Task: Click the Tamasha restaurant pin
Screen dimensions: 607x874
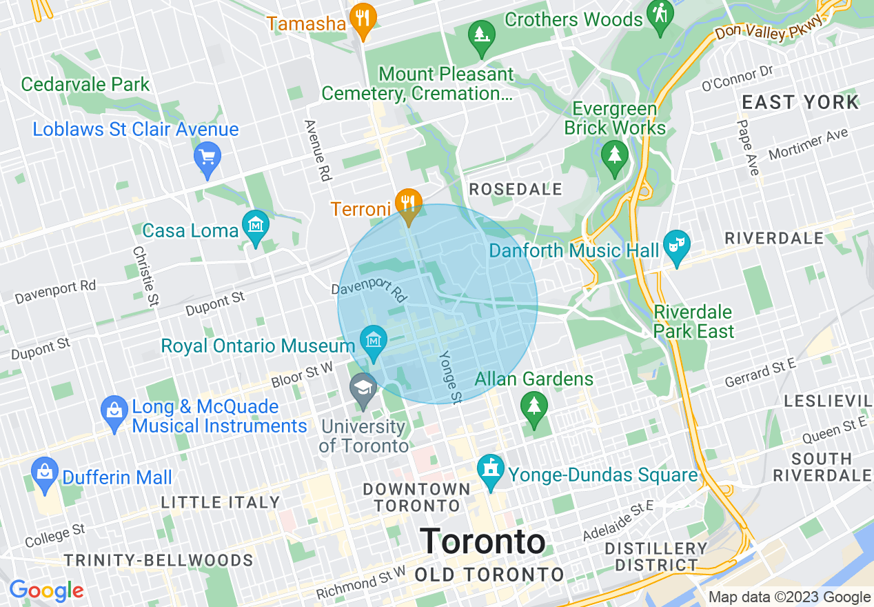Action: pos(362,19)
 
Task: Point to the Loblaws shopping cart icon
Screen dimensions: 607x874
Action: pos(207,157)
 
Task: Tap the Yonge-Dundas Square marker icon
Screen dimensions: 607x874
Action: pos(491,472)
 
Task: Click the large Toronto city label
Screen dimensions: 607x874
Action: pos(482,541)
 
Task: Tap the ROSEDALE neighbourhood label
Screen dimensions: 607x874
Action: pos(516,189)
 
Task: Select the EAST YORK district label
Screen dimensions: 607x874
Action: pos(800,103)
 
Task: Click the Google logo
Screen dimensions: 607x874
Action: pos(46,590)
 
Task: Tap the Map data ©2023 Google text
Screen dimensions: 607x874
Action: pos(790,597)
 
